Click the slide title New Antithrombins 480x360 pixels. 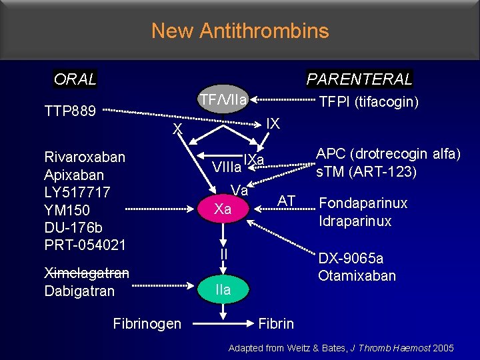(240, 31)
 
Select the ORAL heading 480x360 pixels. (75, 79)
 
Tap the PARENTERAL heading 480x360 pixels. (359, 79)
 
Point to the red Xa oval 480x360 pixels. (223, 209)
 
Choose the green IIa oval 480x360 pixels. (223, 289)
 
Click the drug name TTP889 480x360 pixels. (70, 110)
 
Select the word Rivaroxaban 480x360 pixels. (85, 157)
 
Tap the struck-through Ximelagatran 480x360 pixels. (87, 273)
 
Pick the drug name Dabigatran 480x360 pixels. (79, 291)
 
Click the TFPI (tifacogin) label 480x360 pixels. (369, 102)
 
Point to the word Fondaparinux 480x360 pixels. (363, 203)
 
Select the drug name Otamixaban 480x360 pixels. (357, 276)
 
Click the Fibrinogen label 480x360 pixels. (147, 324)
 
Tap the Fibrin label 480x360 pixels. (276, 324)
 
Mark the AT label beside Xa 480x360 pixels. (287, 201)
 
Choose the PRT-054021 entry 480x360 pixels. (85, 245)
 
